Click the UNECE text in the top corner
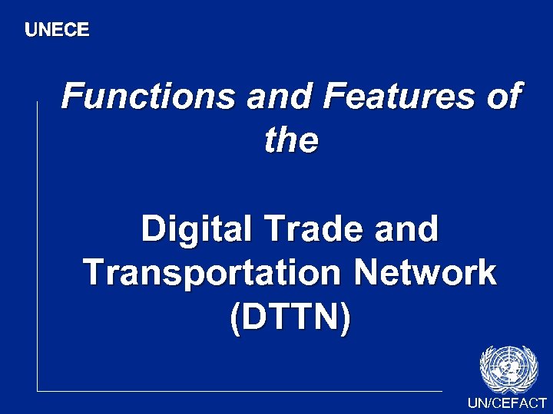(57, 30)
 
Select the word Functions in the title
(148, 97)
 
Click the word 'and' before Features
(280, 97)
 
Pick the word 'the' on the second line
(290, 140)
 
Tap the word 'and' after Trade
(408, 229)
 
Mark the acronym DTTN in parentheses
(290, 317)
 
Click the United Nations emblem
(508, 369)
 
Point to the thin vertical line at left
(37, 245)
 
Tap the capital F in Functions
(72, 97)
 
